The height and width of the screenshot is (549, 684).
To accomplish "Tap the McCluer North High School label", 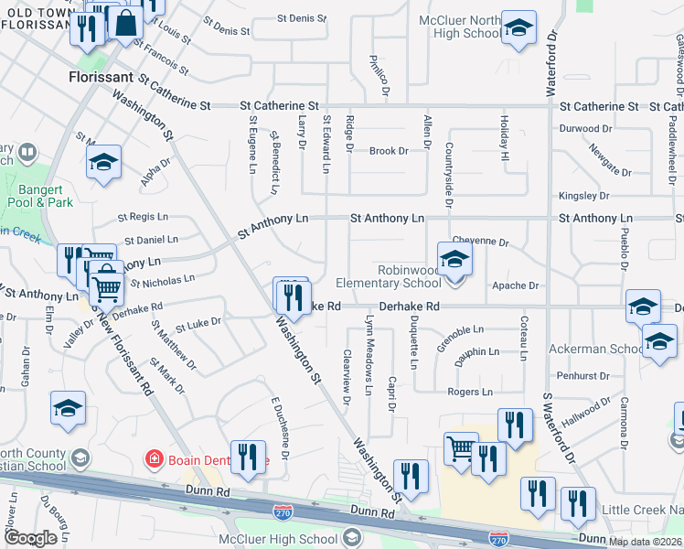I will tap(460, 27).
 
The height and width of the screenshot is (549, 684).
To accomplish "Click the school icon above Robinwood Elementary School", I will tap(454, 260).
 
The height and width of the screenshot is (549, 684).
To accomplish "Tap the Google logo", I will tap(30, 538).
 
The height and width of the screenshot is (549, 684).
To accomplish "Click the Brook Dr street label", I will tap(389, 151).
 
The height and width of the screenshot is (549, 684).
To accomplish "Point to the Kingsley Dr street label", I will tap(584, 196).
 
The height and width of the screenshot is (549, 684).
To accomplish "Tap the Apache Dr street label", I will tap(515, 285).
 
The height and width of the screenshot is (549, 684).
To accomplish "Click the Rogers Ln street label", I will tap(470, 392).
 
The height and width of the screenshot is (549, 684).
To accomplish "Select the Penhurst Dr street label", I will tap(582, 375).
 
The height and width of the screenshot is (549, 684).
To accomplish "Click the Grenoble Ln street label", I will tap(461, 330).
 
